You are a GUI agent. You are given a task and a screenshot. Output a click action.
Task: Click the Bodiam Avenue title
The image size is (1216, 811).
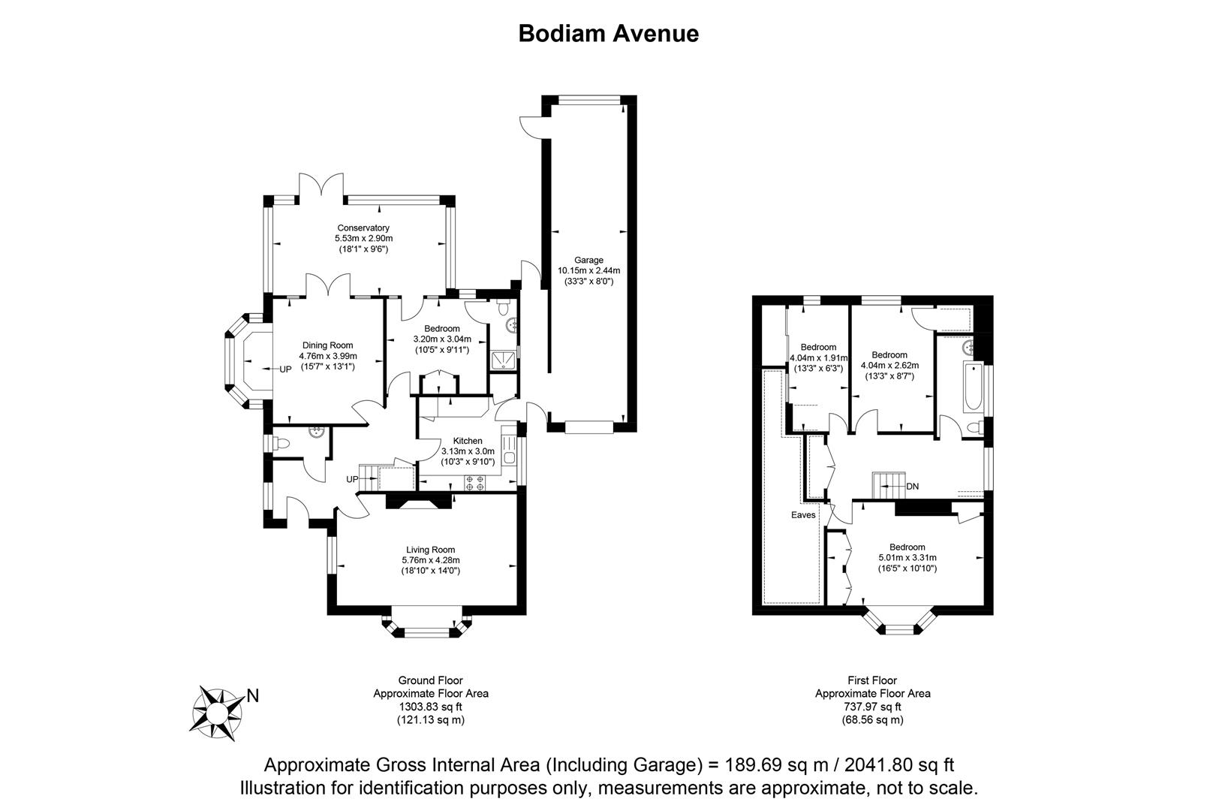pyautogui.click(x=608, y=34)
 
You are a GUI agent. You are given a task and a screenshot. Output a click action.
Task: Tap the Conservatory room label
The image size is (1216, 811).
pyautogui.click(x=363, y=228)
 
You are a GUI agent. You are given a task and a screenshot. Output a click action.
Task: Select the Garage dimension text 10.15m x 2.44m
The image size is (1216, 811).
pyautogui.click(x=588, y=270)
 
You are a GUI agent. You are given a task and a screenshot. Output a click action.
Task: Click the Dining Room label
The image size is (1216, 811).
pyautogui.click(x=327, y=345)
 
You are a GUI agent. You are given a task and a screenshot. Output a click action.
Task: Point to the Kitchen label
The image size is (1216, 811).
pyautogui.click(x=468, y=441)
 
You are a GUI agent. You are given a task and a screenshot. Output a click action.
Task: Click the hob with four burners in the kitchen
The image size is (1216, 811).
pyautogui.click(x=475, y=484)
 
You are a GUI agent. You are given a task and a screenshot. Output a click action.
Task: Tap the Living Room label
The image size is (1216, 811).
pyautogui.click(x=430, y=550)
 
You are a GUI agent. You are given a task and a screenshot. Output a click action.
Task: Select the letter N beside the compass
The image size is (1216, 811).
pyautogui.click(x=253, y=696)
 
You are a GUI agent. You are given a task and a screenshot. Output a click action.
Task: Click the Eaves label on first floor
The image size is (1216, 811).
pyautogui.click(x=802, y=515)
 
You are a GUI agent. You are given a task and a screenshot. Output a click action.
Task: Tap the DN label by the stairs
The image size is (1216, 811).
pyautogui.click(x=913, y=487)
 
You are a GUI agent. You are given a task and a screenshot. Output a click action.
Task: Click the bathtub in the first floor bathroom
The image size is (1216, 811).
pyautogui.click(x=973, y=386)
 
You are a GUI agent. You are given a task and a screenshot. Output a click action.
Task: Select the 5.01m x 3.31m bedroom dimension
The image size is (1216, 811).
pyautogui.click(x=907, y=558)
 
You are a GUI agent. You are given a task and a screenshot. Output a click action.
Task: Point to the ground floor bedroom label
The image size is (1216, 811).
pyautogui.click(x=441, y=329)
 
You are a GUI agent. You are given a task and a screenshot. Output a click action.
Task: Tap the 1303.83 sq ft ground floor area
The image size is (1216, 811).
pyautogui.click(x=430, y=707)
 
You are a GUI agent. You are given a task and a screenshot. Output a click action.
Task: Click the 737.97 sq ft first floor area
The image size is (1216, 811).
pyautogui.click(x=872, y=707)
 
